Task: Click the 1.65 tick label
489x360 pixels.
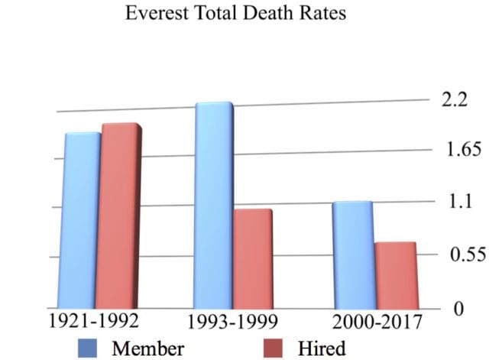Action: coord(460,149)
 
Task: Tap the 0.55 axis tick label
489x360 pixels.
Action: coord(461,255)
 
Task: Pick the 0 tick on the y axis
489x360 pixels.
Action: coord(459,310)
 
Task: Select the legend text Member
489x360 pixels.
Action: coord(148,349)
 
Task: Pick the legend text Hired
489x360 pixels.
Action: coord(321,349)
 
